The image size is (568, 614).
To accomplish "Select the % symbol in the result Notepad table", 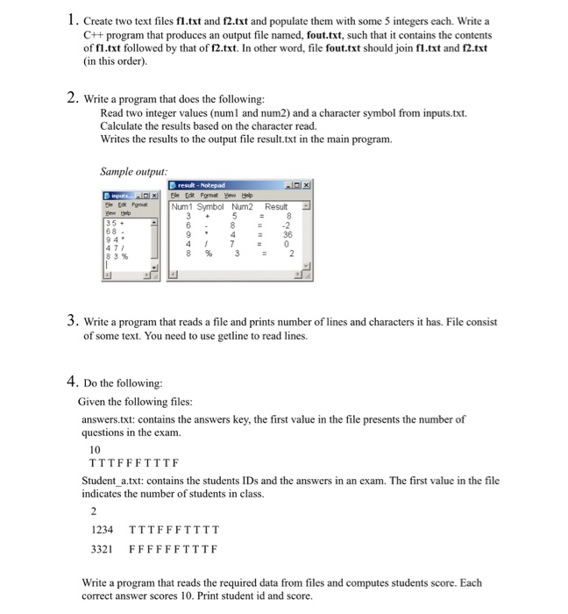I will coord(209,253).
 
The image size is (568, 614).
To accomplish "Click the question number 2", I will coord(71,98).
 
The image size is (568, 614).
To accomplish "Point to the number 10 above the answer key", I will coord(96,448).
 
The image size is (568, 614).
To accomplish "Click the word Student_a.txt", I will coord(113,481).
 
